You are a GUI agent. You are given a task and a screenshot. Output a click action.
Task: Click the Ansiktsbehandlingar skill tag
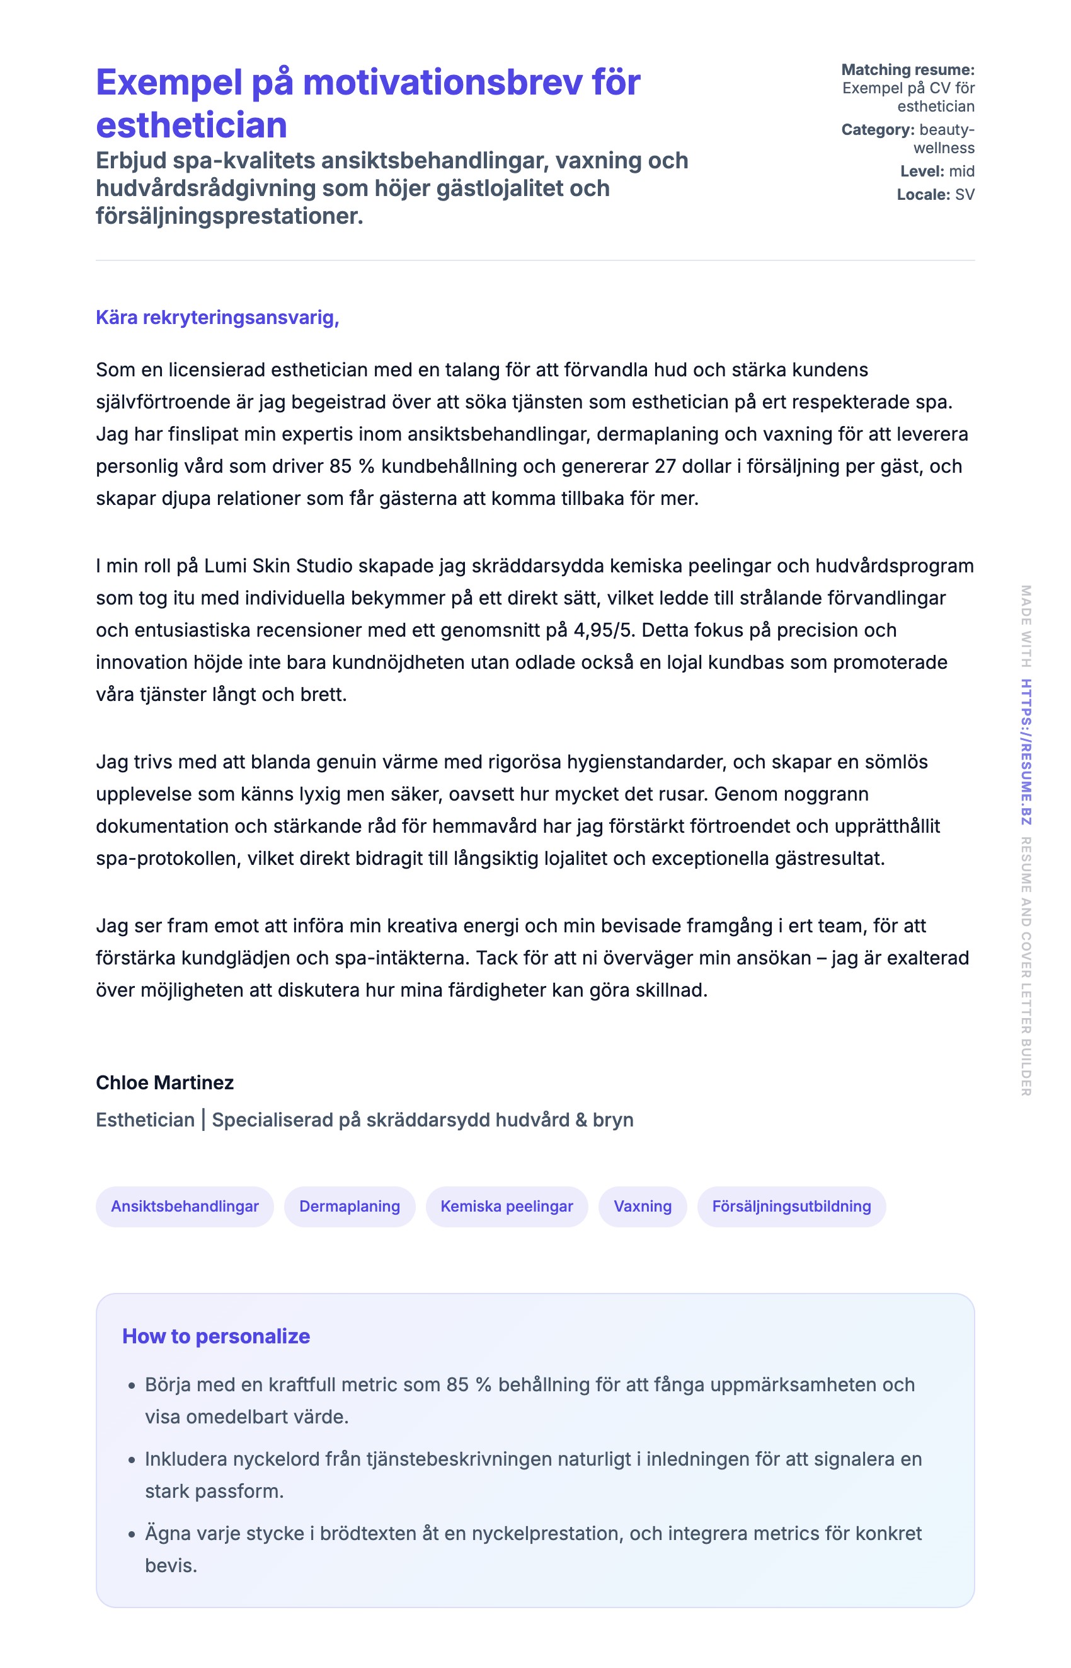click(x=185, y=1206)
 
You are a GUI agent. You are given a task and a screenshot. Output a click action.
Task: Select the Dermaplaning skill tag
click(x=349, y=1206)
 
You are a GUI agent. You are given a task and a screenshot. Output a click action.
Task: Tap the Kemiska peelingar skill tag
click(x=507, y=1206)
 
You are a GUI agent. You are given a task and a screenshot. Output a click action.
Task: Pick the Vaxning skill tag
click(x=642, y=1206)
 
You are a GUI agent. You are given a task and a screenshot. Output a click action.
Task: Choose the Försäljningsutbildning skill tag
click(x=791, y=1206)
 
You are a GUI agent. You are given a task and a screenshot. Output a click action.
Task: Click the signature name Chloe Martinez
click(x=165, y=1082)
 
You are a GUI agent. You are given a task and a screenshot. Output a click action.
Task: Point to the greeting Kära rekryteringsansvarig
click(x=217, y=317)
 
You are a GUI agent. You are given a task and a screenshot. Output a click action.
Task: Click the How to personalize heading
click(x=215, y=1335)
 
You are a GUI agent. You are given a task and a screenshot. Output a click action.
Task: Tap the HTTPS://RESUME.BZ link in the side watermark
click(x=1026, y=751)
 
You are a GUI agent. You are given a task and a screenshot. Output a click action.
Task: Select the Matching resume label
click(x=908, y=69)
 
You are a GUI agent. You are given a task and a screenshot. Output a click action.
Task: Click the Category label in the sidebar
click(x=877, y=129)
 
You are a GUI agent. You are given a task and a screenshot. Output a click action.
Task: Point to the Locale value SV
click(x=965, y=194)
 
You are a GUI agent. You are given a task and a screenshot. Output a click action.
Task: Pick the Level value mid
click(x=962, y=171)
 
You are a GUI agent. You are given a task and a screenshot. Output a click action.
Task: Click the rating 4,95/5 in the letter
click(x=604, y=630)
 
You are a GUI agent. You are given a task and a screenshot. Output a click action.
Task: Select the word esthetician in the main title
click(x=192, y=125)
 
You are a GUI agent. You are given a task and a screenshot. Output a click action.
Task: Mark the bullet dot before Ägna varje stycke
click(x=132, y=1534)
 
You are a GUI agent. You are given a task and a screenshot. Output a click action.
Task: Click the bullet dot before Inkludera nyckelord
click(x=132, y=1459)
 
